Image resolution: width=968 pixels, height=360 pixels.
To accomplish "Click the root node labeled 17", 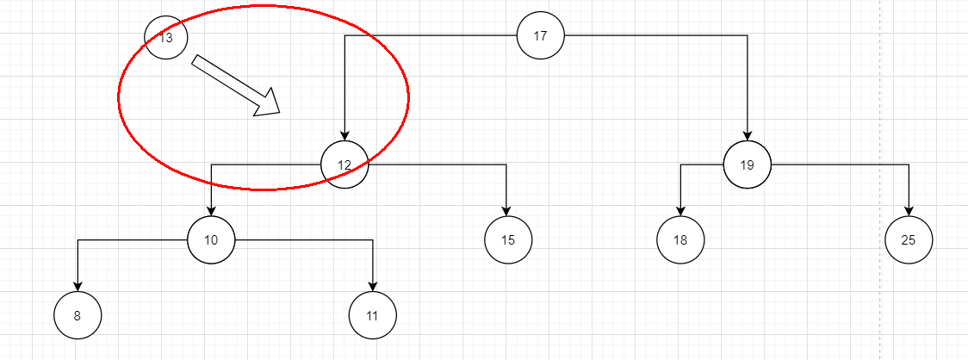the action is click(x=540, y=36).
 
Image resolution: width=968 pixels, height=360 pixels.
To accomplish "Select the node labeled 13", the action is click(x=165, y=38).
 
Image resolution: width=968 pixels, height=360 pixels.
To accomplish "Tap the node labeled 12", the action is click(x=344, y=164).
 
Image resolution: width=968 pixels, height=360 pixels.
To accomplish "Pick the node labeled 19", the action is click(x=747, y=164).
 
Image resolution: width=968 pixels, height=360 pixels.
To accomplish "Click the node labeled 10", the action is click(x=211, y=239).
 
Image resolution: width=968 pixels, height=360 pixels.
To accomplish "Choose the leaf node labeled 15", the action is click(x=508, y=239).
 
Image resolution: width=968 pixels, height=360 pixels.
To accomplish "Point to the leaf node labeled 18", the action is click(x=680, y=239).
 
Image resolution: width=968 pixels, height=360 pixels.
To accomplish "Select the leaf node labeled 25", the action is click(x=909, y=239).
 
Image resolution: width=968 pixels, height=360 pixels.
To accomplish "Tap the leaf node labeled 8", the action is click(x=78, y=315).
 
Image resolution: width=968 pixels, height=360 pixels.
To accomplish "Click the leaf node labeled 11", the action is click(x=372, y=315).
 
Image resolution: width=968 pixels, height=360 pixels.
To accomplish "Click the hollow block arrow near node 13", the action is click(x=236, y=85).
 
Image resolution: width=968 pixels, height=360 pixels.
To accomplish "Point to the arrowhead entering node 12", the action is click(x=344, y=136).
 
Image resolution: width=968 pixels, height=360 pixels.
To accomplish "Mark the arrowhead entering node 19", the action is click(x=748, y=136).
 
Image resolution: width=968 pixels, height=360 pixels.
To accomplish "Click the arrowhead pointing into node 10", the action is click(x=211, y=211).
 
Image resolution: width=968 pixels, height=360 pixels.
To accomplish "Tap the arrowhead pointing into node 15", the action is click(x=507, y=211).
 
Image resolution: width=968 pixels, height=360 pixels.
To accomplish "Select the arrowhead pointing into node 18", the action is click(x=680, y=211).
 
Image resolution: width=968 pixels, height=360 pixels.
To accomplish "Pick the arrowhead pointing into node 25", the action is click(x=909, y=211).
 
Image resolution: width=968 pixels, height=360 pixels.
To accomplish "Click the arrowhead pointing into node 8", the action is click(x=78, y=287).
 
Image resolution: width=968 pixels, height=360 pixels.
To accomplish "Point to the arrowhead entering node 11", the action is click(x=373, y=287).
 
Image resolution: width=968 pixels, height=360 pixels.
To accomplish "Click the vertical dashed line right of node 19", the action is click(x=879, y=180).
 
